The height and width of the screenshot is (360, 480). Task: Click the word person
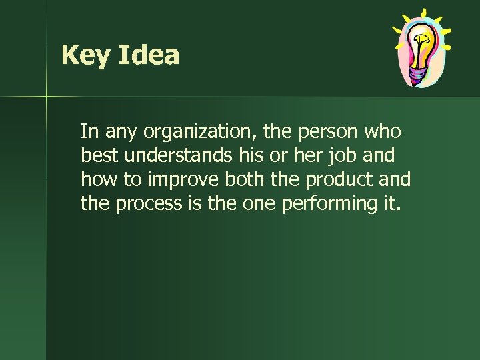[x=323, y=131]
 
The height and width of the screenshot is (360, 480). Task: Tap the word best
[x=97, y=155]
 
